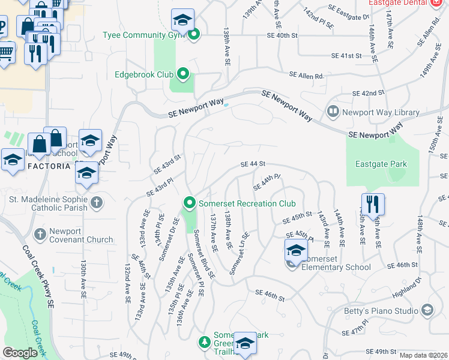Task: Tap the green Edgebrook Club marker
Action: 184,75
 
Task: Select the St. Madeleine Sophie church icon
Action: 97,203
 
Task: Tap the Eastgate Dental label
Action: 398,2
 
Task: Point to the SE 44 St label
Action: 253,164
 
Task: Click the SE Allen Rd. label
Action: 306,76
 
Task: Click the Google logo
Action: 20,353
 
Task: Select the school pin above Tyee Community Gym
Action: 182,20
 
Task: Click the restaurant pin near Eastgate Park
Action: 373,205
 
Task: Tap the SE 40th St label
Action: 282,35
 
